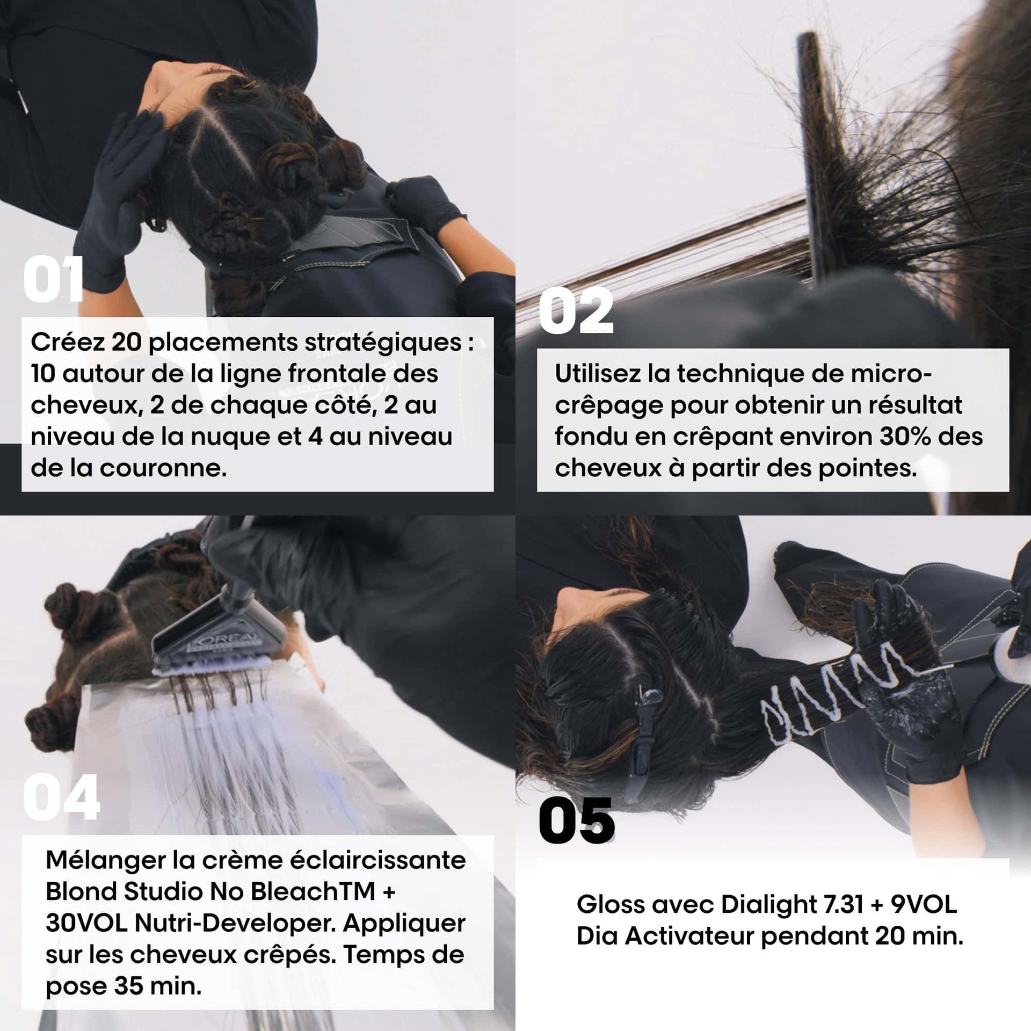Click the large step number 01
(53, 279)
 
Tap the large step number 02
(576, 311)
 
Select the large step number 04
(61, 797)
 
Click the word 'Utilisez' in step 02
(598, 374)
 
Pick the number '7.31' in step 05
(841, 905)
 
